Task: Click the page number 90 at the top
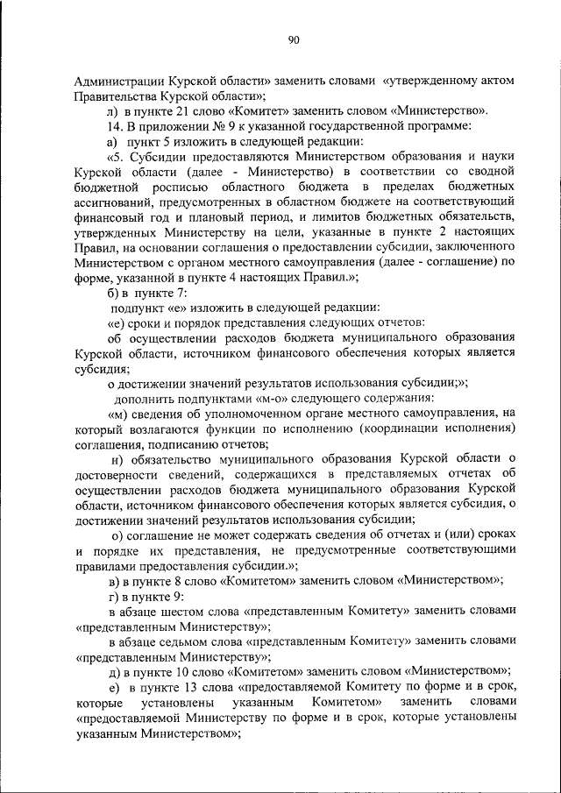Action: tap(293, 39)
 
